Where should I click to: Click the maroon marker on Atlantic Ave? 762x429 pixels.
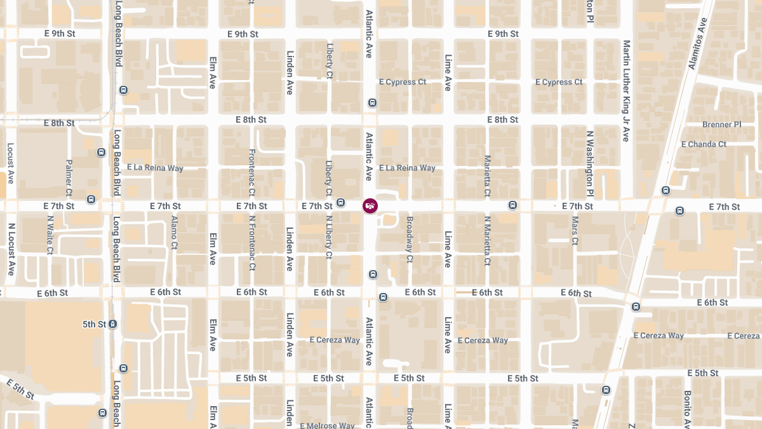coord(370,205)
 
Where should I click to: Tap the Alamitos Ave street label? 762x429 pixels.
coord(697,44)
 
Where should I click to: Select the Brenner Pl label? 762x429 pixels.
coord(721,125)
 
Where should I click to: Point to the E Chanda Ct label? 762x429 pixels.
coord(704,144)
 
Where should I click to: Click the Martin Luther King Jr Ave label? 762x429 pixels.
coord(626,90)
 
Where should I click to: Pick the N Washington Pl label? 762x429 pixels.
coord(590,163)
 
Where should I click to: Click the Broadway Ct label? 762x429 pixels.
coord(410,240)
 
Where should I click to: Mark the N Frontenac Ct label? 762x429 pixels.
coord(252,243)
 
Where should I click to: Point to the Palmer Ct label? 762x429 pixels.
coord(69,177)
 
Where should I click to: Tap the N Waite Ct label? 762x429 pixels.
coord(50,235)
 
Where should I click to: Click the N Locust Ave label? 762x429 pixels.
coord(11,249)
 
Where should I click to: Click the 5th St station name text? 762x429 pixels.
coord(94,324)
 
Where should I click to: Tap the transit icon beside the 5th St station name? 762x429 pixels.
coord(112,324)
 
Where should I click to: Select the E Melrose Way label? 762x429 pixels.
coord(327,425)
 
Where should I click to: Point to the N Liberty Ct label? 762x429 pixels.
coord(329,237)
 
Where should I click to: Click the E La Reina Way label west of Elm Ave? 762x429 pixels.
coord(155,168)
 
